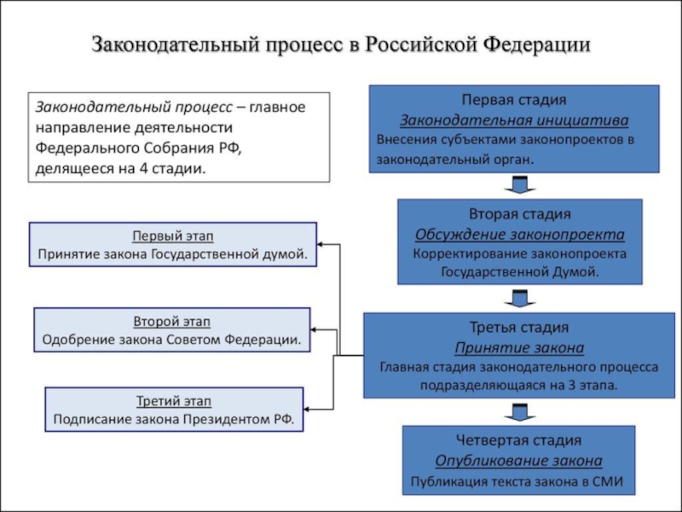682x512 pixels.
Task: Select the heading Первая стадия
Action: pyautogui.click(x=514, y=100)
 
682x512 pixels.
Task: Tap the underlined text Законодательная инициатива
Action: pyautogui.click(x=514, y=120)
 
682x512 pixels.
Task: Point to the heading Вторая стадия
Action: pyautogui.click(x=520, y=214)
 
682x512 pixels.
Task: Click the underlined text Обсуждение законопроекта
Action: pyautogui.click(x=520, y=235)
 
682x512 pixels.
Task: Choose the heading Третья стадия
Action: pyautogui.click(x=519, y=327)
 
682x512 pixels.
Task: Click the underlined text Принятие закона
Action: pyautogui.click(x=519, y=348)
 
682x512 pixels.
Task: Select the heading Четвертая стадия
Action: pyautogui.click(x=519, y=440)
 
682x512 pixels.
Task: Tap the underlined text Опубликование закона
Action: pyautogui.click(x=519, y=461)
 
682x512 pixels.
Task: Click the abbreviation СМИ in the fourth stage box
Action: pyautogui.click(x=607, y=481)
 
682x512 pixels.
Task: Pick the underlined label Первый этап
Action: pyautogui.click(x=173, y=236)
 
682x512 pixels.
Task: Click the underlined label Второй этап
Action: pyautogui.click(x=172, y=322)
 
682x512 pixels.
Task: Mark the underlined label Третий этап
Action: pyautogui.click(x=174, y=401)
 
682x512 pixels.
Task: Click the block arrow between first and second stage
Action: pyautogui.click(x=520, y=184)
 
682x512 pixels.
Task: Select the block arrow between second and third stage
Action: pyautogui.click(x=520, y=298)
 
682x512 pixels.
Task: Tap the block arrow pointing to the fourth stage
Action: pyautogui.click(x=520, y=412)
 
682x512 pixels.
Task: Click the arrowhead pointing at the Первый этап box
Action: pyautogui.click(x=321, y=244)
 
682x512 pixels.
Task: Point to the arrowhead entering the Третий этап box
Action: pyautogui.click(x=307, y=410)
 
